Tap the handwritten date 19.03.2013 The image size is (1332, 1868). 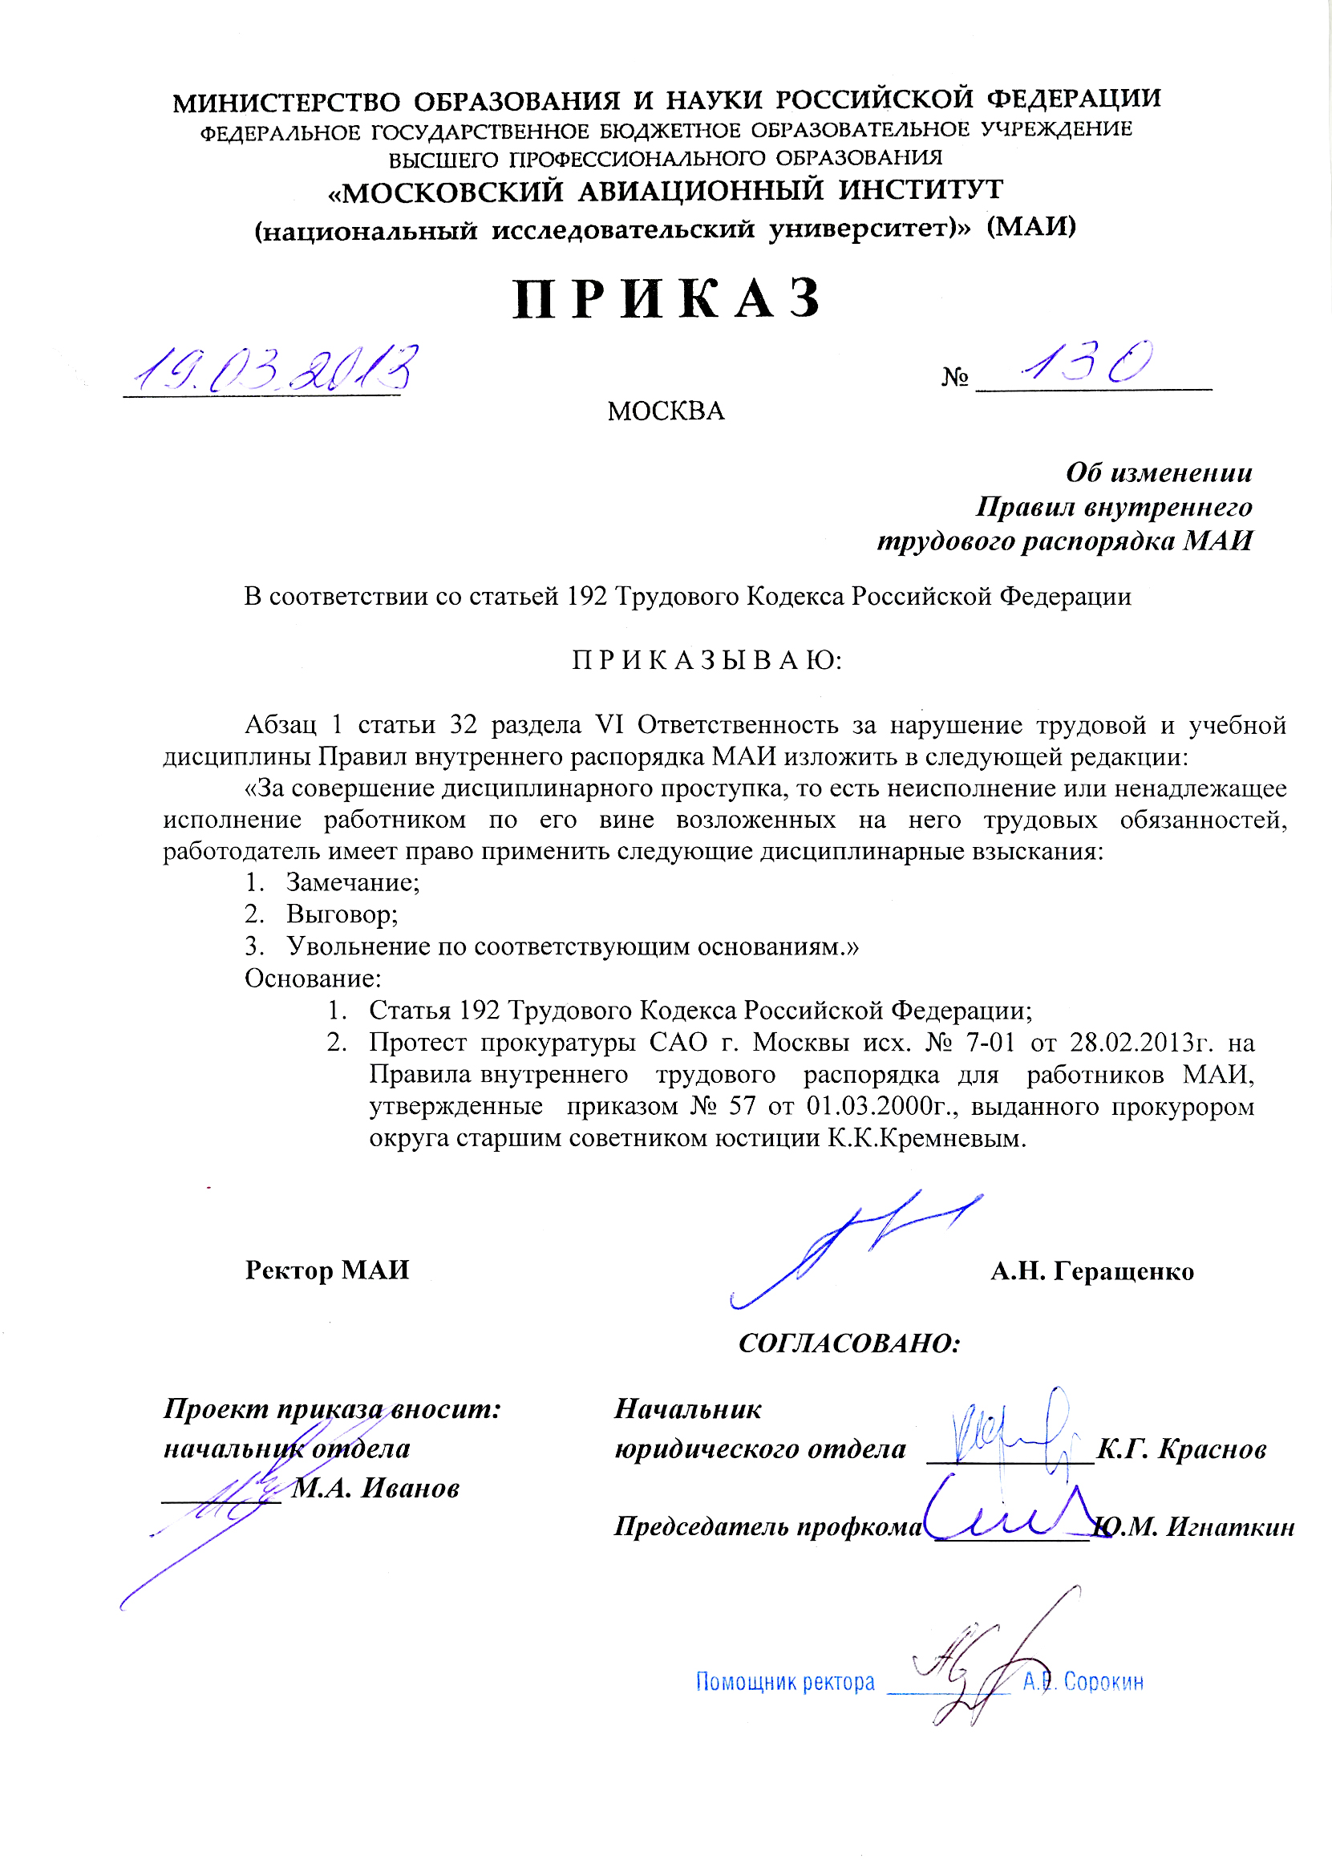[275, 368]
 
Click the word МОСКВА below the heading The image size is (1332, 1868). [666, 411]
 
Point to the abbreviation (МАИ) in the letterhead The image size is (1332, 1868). [1031, 226]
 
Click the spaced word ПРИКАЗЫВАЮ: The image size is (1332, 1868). [707, 660]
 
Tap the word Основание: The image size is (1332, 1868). [313, 979]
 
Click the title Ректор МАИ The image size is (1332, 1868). [326, 1270]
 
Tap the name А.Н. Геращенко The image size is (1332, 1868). [1091, 1271]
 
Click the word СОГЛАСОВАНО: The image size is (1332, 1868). [849, 1343]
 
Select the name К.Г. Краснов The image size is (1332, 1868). [1181, 1449]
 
